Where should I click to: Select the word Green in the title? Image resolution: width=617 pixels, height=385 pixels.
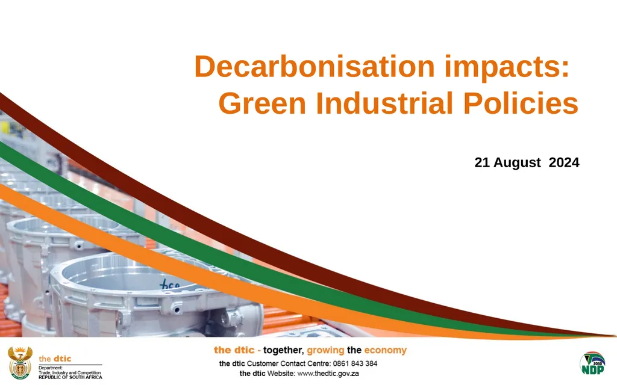[263, 104]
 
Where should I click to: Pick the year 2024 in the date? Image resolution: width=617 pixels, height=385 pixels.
[564, 162]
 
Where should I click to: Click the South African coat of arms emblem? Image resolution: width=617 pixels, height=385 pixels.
[20, 363]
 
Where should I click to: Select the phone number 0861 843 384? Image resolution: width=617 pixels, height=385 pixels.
[355, 363]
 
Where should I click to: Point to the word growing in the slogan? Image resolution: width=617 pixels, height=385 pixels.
[325, 351]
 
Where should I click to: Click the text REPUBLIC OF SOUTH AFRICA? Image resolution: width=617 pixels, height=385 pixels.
[70, 377]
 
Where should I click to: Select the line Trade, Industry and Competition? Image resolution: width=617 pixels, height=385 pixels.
[70, 373]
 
